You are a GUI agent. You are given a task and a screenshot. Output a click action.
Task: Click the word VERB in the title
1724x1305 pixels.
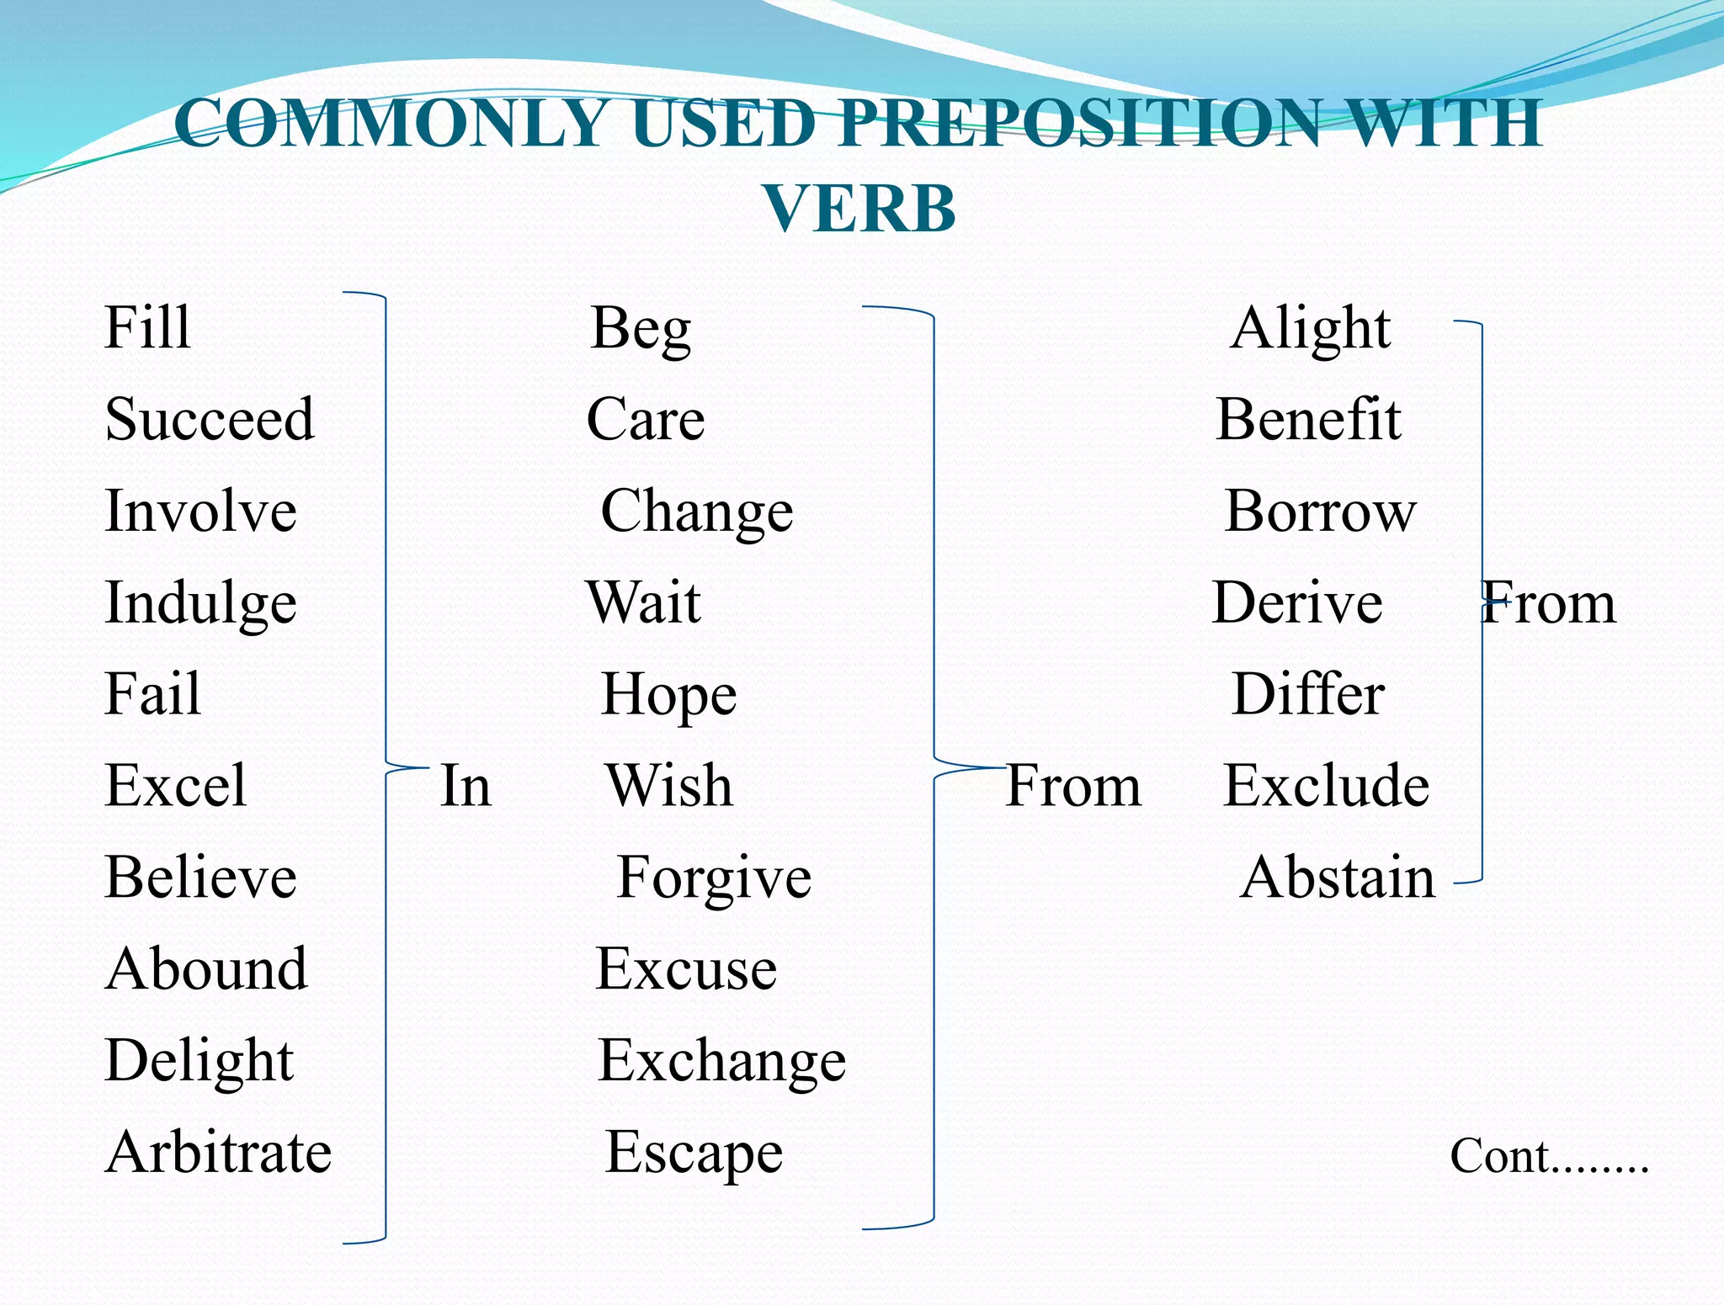point(859,209)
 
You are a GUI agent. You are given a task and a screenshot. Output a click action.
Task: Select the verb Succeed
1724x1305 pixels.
point(210,419)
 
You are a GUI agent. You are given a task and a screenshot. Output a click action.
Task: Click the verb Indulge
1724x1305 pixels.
point(200,603)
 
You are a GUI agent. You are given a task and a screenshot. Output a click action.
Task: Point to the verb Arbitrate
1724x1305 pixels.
point(219,1152)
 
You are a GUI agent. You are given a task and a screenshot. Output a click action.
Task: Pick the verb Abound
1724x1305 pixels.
point(207,969)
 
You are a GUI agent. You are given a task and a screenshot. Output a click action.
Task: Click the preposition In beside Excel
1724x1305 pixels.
point(466,786)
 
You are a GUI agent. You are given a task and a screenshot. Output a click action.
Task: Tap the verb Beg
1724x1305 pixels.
point(641,328)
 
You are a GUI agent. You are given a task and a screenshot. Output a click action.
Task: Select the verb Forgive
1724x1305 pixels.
point(714,878)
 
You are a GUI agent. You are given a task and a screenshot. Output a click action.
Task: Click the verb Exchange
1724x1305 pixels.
point(721,1061)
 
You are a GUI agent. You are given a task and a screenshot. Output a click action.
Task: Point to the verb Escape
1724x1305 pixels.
point(694,1153)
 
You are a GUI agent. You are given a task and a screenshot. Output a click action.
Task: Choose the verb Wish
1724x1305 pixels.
point(669,786)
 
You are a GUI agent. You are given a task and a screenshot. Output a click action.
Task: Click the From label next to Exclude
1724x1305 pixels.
point(1073,786)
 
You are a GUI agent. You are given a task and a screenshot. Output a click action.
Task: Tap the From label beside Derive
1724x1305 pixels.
point(1549,603)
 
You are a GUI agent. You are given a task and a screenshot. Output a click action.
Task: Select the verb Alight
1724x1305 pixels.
point(1310,328)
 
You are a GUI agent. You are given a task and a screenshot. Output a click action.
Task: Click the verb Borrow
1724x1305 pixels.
point(1320,511)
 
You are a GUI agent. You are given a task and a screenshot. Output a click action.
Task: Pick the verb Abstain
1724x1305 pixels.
point(1338,878)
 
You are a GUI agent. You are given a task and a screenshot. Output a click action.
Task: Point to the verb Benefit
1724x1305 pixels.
point(1309,419)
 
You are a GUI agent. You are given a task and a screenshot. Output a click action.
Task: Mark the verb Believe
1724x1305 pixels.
point(201,878)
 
